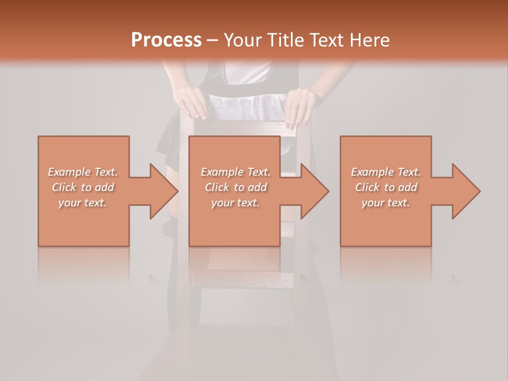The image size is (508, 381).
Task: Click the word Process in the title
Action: click(x=166, y=40)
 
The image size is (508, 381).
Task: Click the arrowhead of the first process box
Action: click(x=164, y=191)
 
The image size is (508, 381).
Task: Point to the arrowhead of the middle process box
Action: click(x=315, y=191)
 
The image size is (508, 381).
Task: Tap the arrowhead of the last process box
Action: click(x=466, y=191)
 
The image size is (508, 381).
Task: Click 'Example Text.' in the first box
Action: click(x=83, y=172)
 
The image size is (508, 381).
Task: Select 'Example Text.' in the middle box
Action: click(x=235, y=172)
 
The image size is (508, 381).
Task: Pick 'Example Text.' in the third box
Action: click(x=386, y=172)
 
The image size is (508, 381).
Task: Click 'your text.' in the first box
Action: click(x=83, y=203)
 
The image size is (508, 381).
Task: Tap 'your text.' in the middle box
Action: click(x=235, y=203)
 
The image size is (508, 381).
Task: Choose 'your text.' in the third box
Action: click(x=386, y=203)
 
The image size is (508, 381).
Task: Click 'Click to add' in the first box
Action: click(x=83, y=187)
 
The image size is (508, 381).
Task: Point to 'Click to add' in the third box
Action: click(x=386, y=187)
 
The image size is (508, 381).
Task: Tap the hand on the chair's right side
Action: click(x=300, y=106)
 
